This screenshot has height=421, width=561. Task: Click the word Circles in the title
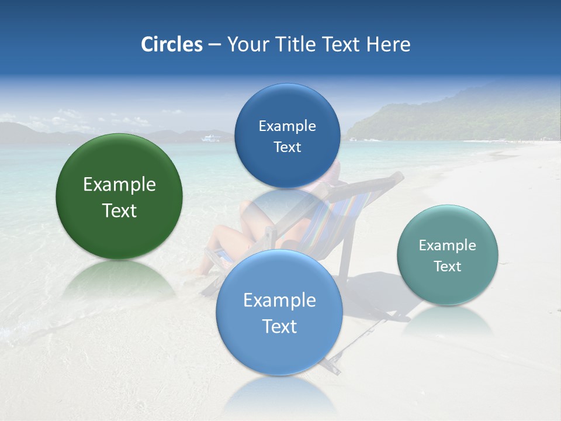click(x=171, y=44)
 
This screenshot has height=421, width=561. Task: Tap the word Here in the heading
click(x=388, y=44)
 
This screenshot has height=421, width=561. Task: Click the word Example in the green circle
click(x=119, y=185)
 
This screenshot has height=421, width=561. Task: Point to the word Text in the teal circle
click(x=447, y=267)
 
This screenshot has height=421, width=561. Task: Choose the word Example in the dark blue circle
click(x=287, y=126)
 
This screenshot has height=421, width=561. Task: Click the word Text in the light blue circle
click(x=279, y=326)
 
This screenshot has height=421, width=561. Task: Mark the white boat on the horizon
click(x=211, y=138)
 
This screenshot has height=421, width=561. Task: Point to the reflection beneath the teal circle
click(x=447, y=322)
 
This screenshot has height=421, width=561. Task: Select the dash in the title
click(x=214, y=45)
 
